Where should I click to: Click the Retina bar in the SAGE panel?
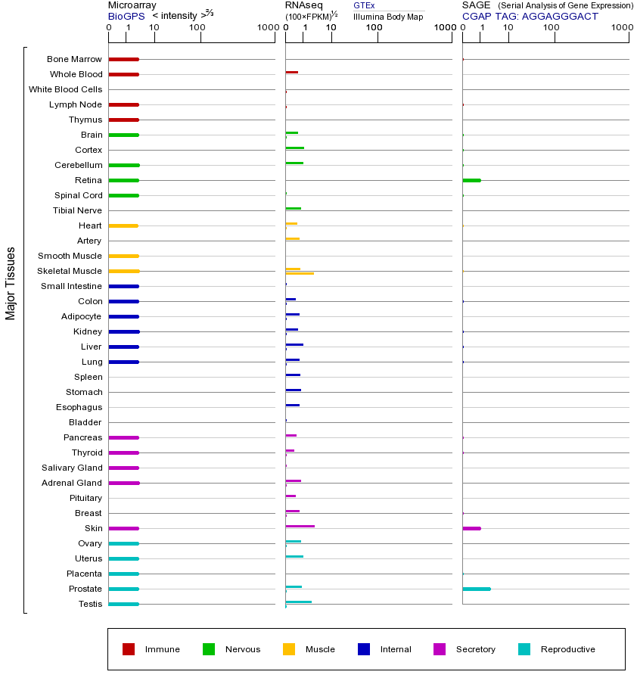(471, 180)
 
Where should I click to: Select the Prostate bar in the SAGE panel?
(476, 589)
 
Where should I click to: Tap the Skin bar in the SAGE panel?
(471, 528)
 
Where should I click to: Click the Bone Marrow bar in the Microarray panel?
(123, 59)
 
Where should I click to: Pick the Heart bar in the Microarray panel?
(123, 225)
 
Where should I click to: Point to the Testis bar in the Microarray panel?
(123, 604)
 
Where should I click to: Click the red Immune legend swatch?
(129, 649)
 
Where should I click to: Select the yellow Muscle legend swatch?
(289, 649)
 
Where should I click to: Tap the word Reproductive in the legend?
(567, 649)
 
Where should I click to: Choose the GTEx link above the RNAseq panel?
(364, 5)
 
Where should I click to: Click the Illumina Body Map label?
(388, 17)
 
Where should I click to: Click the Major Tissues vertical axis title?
(11, 283)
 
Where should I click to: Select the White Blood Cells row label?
(65, 89)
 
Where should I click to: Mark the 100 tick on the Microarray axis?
(197, 28)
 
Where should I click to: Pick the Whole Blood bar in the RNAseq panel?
(291, 72)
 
